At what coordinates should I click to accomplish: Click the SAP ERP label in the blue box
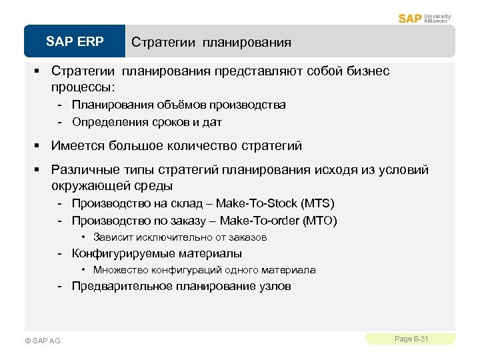(75, 42)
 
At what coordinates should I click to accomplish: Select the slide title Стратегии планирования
(211, 43)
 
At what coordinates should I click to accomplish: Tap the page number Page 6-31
(411, 339)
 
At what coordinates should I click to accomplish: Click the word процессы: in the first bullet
(83, 87)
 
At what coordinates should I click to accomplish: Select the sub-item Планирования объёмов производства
(179, 105)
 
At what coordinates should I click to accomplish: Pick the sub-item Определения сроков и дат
(147, 122)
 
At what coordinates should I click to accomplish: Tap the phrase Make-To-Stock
(257, 203)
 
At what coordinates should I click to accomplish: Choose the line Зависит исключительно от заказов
(180, 237)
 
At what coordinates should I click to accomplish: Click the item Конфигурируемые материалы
(157, 253)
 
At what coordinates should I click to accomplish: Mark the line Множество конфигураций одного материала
(204, 270)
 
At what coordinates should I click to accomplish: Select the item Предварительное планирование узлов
(181, 287)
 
